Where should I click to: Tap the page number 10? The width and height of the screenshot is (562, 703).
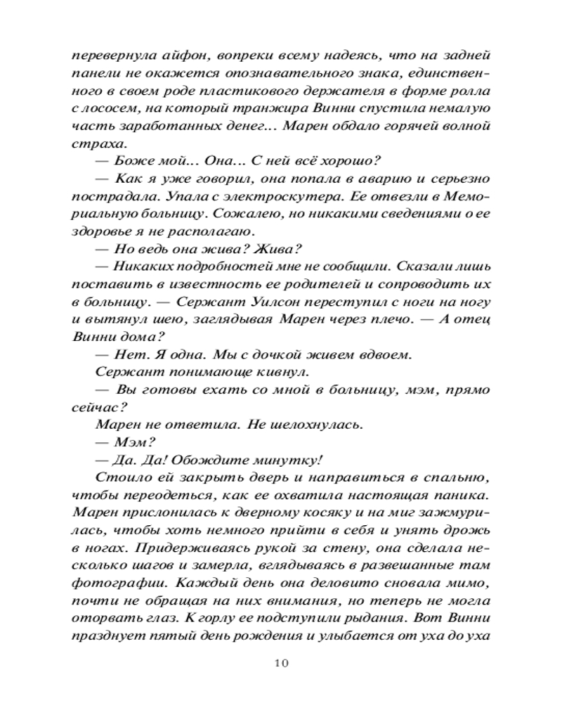[x=281, y=662]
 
